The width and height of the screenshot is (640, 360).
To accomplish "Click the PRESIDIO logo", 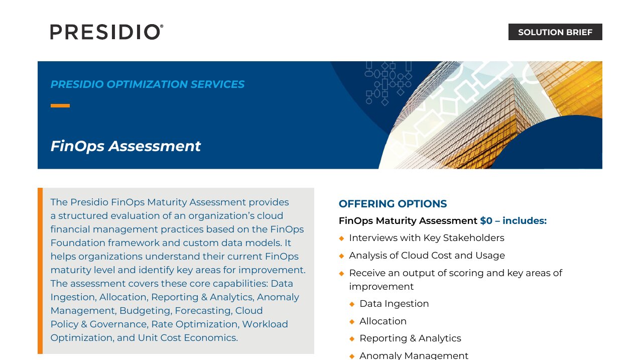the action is [107, 32].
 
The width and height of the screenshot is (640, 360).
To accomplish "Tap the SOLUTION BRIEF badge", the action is [555, 32].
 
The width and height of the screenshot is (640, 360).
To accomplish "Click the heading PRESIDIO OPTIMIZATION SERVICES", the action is [148, 84].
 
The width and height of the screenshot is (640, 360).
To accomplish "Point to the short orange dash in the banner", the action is [60, 106].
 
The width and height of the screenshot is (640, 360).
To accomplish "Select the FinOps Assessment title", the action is [125, 146].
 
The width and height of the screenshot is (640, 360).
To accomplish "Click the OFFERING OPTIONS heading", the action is [393, 204].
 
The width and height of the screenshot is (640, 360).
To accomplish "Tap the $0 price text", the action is [486, 220].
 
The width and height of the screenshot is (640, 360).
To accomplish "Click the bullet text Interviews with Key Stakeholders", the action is [427, 237].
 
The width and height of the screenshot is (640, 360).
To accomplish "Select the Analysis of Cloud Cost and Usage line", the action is [427, 255].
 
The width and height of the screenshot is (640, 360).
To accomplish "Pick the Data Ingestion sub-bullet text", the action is [394, 303].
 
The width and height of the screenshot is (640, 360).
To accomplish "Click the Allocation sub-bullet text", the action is [383, 321].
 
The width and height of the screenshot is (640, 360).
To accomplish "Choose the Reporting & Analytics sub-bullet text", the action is [410, 338].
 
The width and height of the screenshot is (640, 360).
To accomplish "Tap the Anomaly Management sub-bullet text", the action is [414, 355].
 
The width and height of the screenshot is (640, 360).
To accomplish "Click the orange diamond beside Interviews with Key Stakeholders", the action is [341, 238].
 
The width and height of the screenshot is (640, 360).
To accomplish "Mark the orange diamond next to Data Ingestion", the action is [352, 304].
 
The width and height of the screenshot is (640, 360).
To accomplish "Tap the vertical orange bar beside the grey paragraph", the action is [40, 271].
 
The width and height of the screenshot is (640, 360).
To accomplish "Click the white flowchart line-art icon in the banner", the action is [389, 83].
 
